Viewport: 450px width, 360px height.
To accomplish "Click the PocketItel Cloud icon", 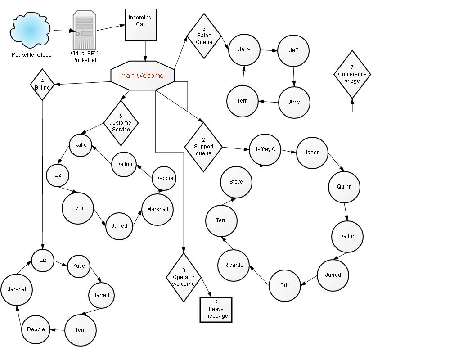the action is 31,30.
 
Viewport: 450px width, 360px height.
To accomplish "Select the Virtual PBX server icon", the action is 85,31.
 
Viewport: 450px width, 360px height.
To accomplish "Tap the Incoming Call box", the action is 140,25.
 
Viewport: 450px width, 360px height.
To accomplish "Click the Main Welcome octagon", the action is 142,76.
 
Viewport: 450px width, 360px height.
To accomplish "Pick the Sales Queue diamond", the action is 204,36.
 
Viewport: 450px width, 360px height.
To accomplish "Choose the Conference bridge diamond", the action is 352,74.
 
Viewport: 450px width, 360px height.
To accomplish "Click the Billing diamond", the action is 42,85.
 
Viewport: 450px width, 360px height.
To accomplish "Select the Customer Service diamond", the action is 121,123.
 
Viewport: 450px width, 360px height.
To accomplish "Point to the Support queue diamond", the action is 203,147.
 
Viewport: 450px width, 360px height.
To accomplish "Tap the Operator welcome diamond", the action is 184,277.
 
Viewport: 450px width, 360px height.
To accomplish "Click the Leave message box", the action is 216,310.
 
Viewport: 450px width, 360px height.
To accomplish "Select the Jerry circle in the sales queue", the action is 244,50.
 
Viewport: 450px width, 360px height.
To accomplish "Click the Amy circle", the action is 294,103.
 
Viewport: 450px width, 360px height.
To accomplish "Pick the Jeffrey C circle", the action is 265,149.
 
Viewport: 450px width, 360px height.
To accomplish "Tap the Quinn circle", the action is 344,187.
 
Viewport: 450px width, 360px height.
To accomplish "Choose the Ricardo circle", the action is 233,265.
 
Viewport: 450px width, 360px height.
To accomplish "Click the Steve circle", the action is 236,182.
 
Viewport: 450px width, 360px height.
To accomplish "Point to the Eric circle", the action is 285,286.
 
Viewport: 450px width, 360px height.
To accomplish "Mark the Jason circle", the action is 312,153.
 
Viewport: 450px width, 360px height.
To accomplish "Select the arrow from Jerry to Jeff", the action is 269,50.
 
